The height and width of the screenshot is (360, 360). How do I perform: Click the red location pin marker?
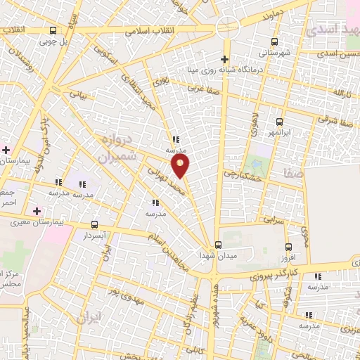tap(181, 166)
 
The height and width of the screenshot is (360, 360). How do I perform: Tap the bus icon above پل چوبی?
tap(54, 30)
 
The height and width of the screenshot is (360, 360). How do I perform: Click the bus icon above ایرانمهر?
tap(280, 122)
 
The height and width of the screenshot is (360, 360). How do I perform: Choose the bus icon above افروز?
tap(288, 247)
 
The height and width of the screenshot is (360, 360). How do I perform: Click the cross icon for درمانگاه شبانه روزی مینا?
tap(224, 59)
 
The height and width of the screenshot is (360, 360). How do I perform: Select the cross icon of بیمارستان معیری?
tap(37, 210)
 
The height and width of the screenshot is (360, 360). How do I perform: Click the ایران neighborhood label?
tap(91, 318)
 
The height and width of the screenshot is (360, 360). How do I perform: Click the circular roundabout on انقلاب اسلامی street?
tap(227, 29)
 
